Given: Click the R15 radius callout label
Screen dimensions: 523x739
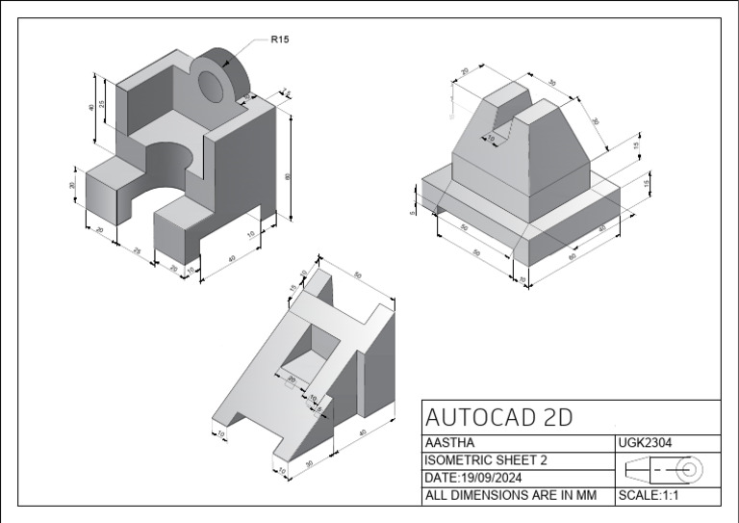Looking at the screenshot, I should [280, 39].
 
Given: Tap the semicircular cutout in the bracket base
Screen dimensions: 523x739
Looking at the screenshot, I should [171, 161].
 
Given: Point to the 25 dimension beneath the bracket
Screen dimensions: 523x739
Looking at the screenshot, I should [136, 251].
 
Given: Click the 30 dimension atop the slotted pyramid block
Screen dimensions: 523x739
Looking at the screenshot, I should [552, 84].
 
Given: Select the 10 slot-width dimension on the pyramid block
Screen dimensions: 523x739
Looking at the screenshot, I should [491, 139].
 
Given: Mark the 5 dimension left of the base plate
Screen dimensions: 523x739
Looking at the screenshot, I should [413, 206].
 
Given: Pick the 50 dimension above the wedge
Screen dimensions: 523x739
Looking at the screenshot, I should [357, 275].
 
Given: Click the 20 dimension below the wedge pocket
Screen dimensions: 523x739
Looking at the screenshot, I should [292, 379].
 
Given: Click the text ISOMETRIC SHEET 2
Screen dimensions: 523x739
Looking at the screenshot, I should [485, 460].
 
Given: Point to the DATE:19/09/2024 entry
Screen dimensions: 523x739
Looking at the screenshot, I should [478, 478].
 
